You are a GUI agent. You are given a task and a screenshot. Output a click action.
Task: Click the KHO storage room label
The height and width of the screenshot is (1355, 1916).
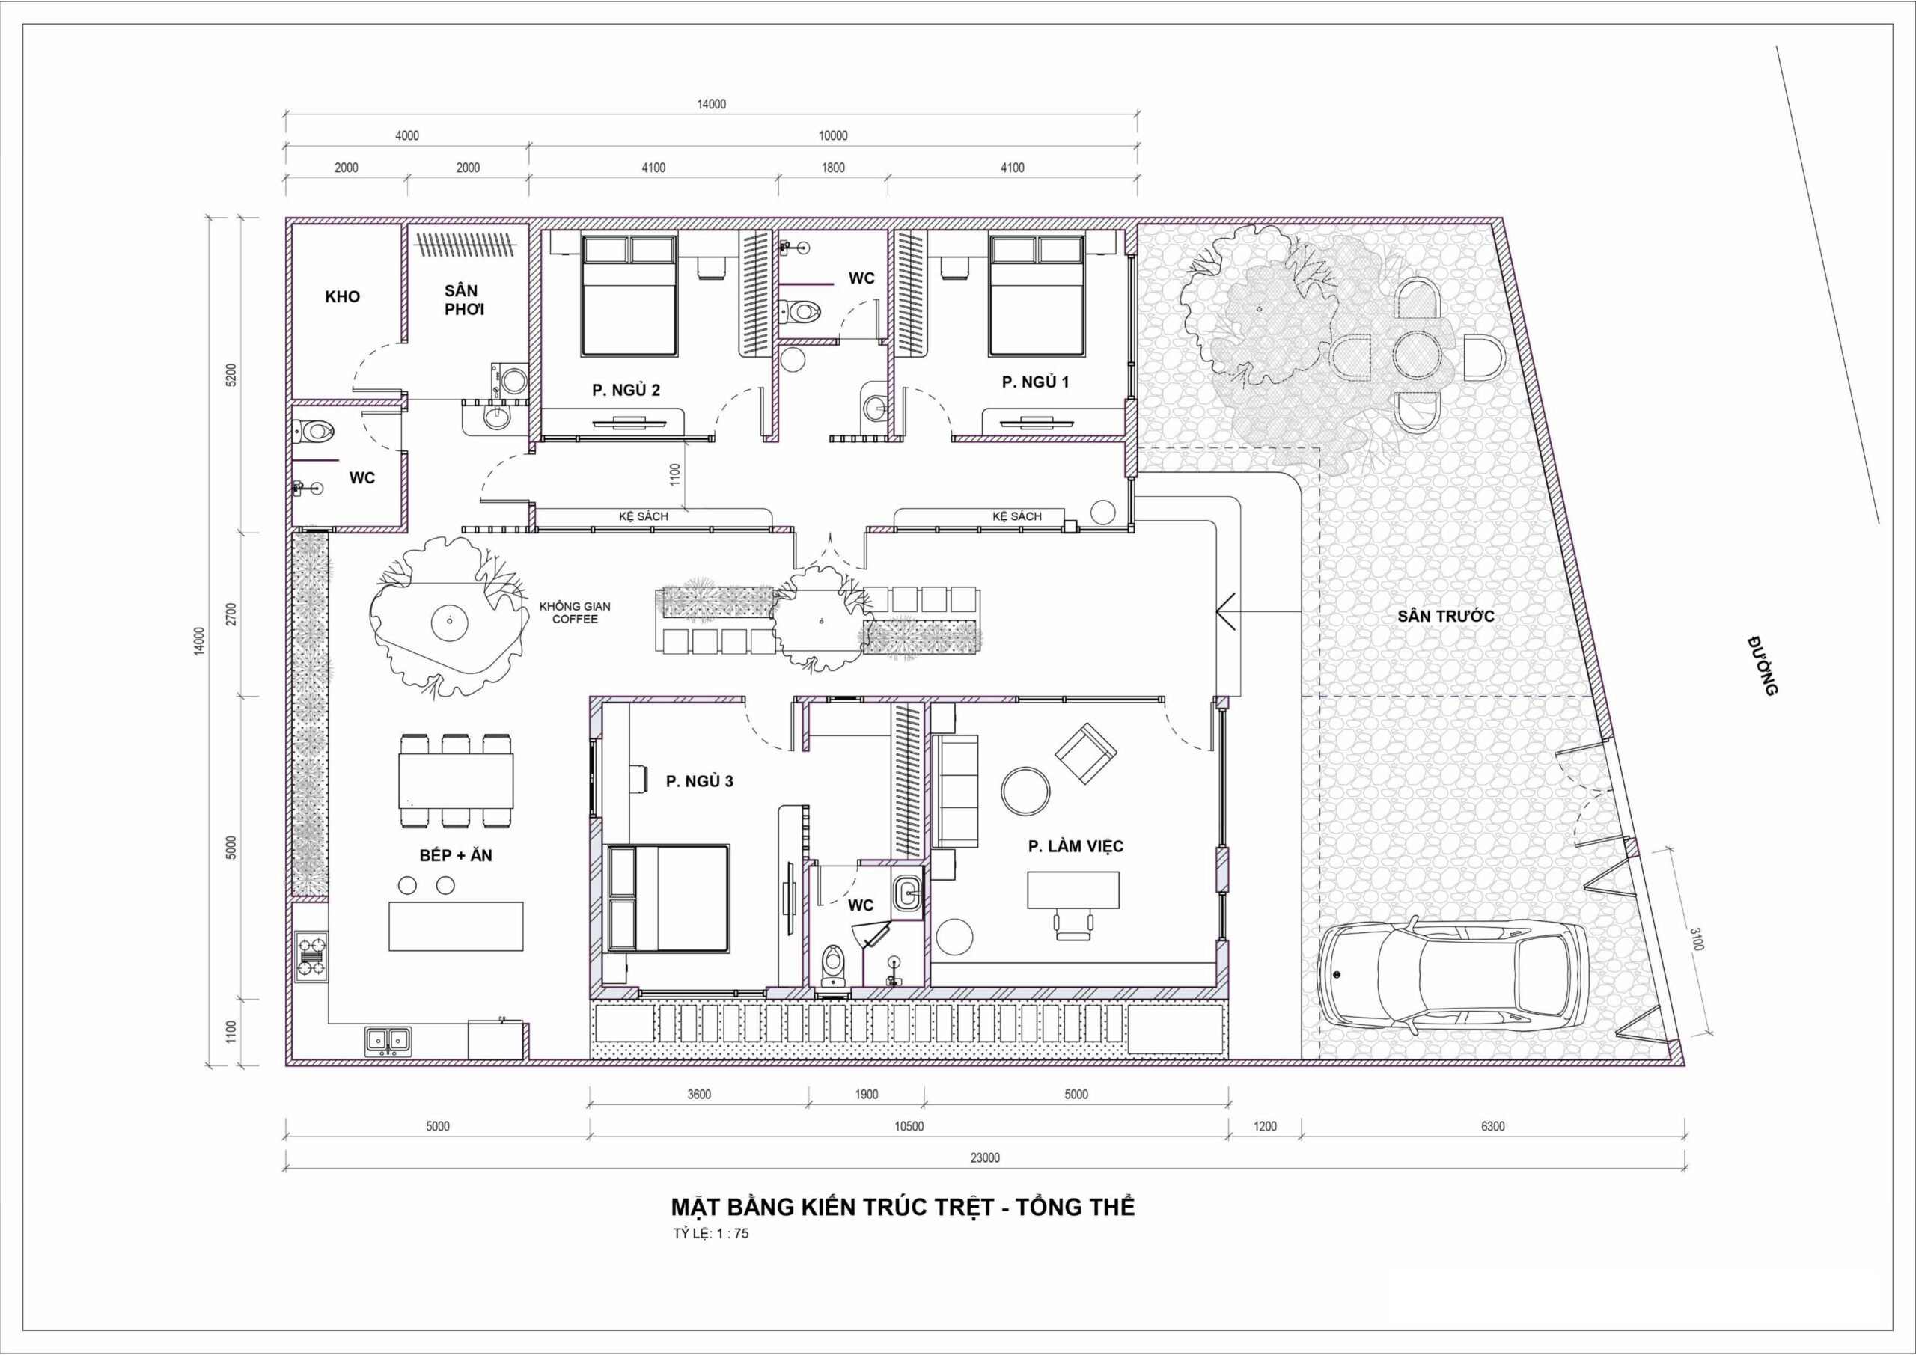342,296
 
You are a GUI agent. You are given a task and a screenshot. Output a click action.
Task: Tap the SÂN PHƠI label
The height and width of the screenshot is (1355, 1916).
464,299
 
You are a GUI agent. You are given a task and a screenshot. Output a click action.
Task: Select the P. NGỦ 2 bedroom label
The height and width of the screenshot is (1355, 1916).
626,390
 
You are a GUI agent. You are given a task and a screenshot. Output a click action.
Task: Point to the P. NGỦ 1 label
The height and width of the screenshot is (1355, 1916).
1035,382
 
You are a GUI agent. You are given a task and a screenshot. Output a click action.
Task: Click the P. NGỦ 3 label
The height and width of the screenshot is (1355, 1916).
699,781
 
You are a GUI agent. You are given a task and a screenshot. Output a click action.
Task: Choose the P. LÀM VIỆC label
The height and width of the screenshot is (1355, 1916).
1075,846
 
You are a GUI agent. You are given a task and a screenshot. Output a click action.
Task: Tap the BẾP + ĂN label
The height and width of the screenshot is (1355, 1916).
456,855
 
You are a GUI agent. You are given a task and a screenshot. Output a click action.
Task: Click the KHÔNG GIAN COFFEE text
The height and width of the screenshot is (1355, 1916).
575,613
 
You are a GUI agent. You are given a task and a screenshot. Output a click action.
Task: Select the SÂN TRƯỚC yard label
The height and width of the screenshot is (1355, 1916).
1446,617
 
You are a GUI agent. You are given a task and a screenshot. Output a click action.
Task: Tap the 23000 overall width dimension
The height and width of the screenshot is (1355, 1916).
985,1157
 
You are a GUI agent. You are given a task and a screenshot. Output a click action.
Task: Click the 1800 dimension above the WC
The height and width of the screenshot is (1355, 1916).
833,168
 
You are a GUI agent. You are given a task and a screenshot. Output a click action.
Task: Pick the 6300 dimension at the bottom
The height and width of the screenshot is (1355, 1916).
1492,1126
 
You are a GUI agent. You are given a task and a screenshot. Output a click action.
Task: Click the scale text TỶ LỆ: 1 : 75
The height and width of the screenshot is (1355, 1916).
711,1233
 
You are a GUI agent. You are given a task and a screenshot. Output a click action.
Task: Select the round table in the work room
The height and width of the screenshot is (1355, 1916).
1026,790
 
